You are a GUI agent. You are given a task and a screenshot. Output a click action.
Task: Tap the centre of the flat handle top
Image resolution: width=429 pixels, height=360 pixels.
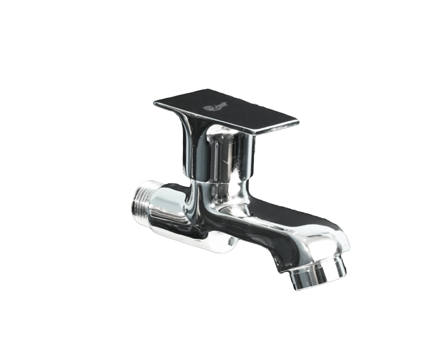pos(225,110)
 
